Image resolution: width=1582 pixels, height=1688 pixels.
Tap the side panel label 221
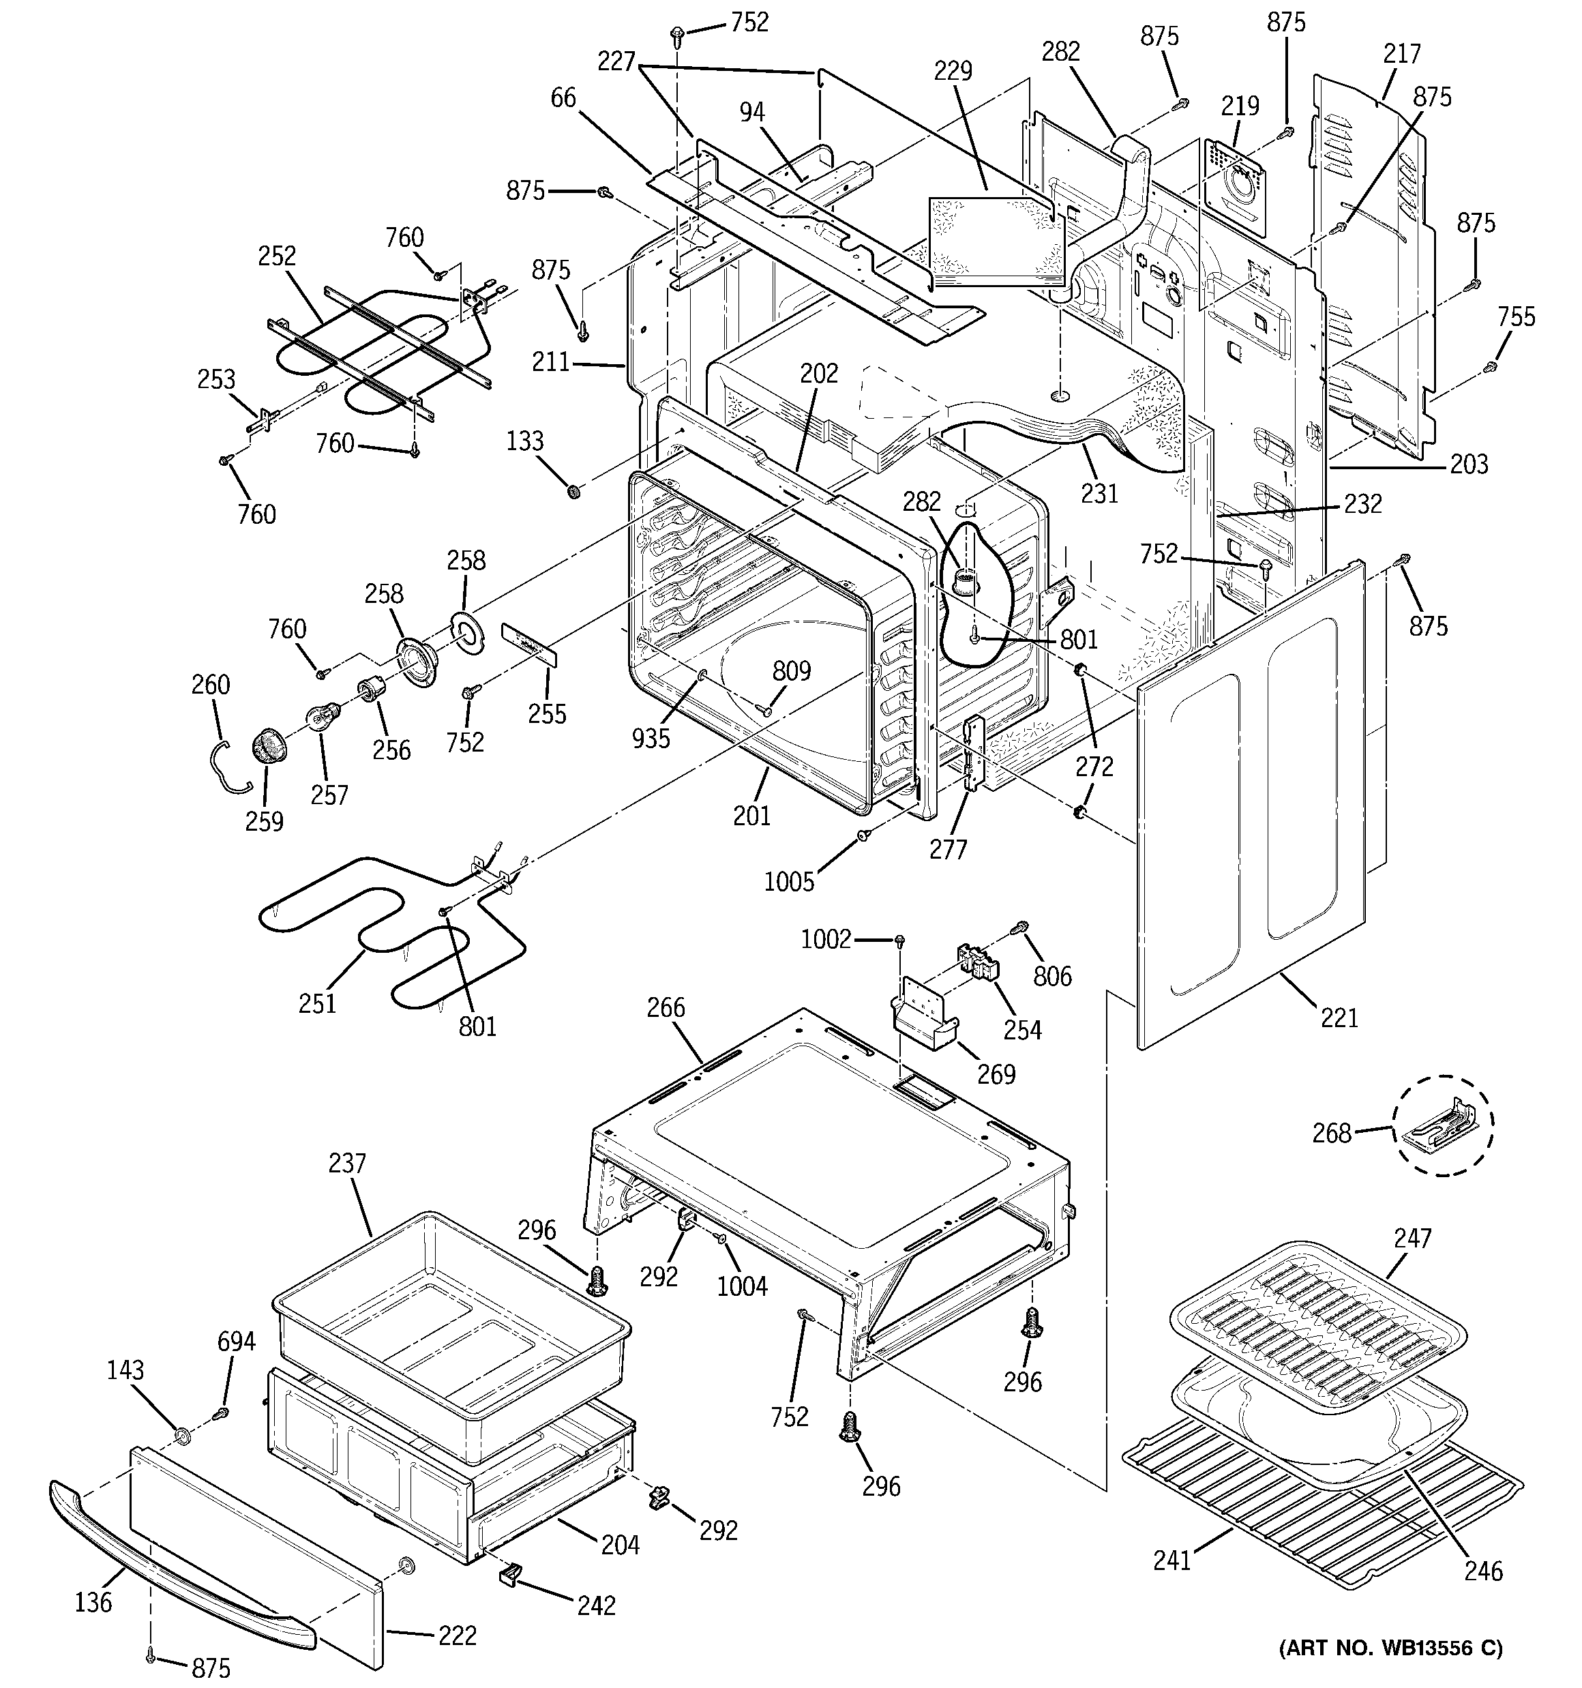(x=1339, y=1016)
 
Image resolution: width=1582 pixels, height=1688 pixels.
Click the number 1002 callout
(x=825, y=938)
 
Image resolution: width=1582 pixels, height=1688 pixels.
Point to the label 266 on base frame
(x=665, y=1007)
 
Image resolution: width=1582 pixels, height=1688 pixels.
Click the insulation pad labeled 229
(x=994, y=242)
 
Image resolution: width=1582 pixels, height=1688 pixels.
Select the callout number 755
(x=1516, y=316)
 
